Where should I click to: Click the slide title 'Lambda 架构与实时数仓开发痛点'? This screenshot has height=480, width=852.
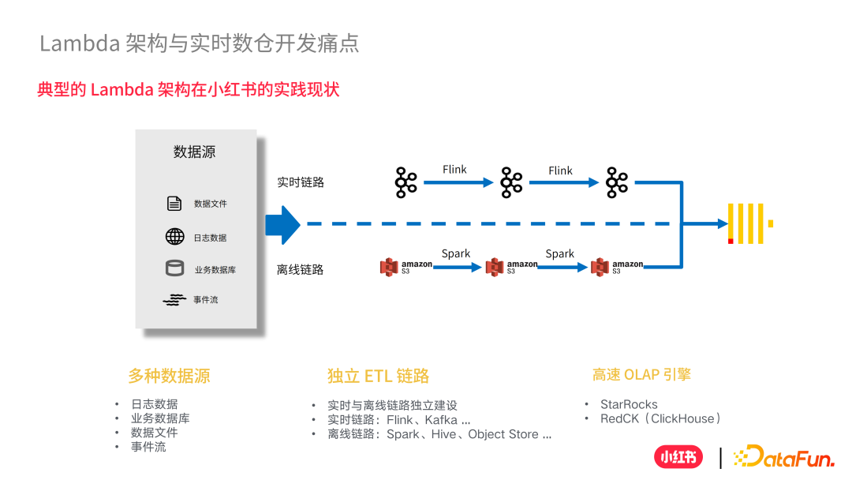coord(199,43)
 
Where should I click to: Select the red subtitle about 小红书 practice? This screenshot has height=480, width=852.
coord(188,89)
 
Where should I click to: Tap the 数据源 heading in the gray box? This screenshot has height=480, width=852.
coord(195,152)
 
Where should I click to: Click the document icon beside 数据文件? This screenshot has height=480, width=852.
coord(174,204)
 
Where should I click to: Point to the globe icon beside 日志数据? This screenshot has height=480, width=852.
coord(174,237)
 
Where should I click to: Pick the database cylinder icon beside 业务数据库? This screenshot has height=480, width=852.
coord(174,269)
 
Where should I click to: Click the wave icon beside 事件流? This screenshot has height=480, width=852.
coord(174,300)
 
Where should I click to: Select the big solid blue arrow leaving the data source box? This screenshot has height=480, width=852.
coord(282,224)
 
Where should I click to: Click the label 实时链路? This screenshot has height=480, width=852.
coord(300,182)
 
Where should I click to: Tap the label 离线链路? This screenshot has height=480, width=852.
coord(300,270)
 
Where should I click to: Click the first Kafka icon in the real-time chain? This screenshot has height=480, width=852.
coord(405,182)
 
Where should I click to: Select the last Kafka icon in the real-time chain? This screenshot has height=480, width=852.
coord(617,182)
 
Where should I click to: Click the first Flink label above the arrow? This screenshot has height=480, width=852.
coord(454,170)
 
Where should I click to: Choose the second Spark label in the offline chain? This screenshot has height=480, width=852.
coord(559,253)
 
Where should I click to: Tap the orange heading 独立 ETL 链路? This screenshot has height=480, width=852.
coord(378,376)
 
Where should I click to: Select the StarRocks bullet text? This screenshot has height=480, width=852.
coord(629,404)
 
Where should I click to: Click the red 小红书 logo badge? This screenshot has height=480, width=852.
coord(678,457)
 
